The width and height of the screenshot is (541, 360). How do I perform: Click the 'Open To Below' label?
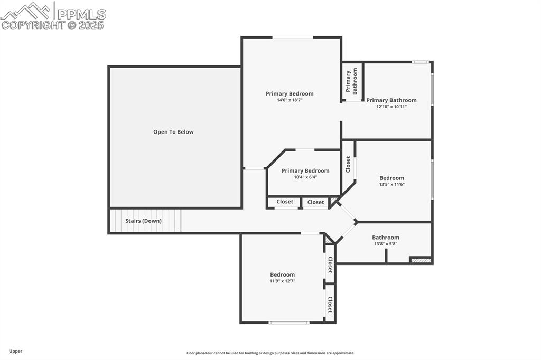[173, 132]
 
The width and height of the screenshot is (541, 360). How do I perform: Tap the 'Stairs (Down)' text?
[143, 221]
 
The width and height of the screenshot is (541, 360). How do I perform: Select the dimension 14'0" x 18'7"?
[290, 100]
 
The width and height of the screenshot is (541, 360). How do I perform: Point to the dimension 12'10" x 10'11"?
[391, 107]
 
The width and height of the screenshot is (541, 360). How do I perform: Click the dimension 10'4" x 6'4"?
[305, 177]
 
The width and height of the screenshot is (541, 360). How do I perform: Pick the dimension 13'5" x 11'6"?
[391, 184]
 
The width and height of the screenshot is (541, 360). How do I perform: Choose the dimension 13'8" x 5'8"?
[386, 244]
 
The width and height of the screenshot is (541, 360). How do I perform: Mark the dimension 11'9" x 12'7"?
[282, 281]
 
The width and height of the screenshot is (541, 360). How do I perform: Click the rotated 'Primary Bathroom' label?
[351, 81]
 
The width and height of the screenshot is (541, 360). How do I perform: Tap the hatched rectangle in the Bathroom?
[421, 260]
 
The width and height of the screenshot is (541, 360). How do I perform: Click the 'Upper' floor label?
[15, 351]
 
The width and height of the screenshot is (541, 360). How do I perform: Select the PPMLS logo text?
[81, 14]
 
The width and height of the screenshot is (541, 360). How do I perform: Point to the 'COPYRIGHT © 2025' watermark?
[52, 25]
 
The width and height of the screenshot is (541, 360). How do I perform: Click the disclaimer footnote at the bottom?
[270, 353]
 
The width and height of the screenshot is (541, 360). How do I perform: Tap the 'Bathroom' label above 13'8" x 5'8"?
[385, 237]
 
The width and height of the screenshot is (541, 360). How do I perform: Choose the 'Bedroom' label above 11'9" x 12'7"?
[282, 274]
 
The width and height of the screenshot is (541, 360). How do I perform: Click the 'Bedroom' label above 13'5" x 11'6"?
[391, 178]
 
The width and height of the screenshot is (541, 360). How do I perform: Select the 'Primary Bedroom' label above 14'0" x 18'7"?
[290, 93]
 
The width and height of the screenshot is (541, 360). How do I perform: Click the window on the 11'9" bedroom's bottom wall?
[289, 323]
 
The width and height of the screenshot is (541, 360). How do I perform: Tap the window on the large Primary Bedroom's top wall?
[293, 37]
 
